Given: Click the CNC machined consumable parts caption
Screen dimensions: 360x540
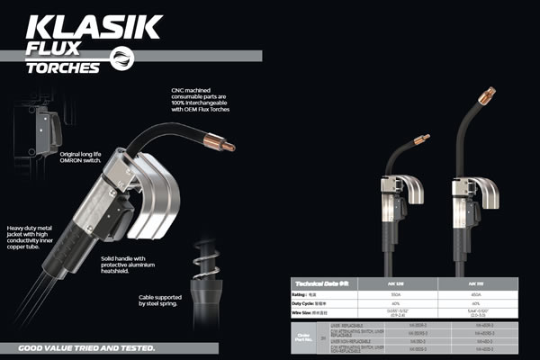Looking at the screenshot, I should pos(209,100).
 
